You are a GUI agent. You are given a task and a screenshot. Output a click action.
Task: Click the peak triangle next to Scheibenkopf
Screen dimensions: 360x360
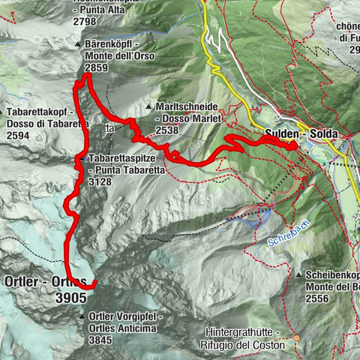[x=298, y=275]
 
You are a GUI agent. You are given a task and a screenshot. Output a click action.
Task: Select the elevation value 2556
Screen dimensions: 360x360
[x=322, y=298]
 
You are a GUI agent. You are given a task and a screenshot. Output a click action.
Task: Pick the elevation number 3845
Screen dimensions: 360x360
[x=103, y=340]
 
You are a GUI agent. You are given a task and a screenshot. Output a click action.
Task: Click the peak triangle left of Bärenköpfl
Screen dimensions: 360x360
[x=77, y=45]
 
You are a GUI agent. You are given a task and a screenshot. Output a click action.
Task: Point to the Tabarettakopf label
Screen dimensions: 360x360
[x=37, y=112]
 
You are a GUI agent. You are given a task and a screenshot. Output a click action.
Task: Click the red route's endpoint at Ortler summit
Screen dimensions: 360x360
[x=95, y=283]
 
